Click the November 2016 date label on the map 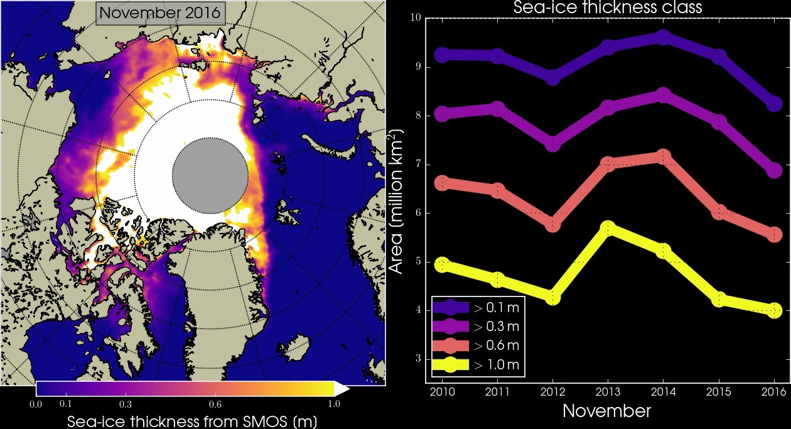160,13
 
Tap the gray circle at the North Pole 210,172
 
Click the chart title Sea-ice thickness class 607,8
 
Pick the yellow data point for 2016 774,310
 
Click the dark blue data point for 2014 663,38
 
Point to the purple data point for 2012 552,143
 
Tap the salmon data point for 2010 442,183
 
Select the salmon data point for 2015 719,212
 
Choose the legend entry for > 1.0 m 477,365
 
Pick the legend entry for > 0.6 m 477,345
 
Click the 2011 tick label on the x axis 497,393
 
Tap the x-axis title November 606,411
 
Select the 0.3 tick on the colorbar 124,404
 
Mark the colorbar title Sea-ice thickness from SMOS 191,420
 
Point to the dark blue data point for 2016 774,104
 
